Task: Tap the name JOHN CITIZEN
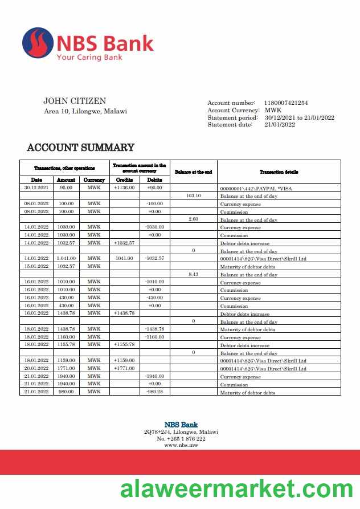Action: coord(75,101)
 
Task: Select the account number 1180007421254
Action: coord(285,103)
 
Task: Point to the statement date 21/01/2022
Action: coord(279,125)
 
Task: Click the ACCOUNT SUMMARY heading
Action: coord(80,148)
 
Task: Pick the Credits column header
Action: coord(124,180)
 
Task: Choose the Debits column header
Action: coord(154,180)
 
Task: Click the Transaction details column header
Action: coord(279,172)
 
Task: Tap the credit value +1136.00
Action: coord(124,188)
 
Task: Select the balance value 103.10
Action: coord(194,196)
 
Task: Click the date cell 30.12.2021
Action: coord(36,188)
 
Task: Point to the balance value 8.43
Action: coord(194,274)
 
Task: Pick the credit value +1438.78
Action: coord(124,313)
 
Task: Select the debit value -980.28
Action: coord(154,392)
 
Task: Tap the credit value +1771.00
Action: coord(124,369)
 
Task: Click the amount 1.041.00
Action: coord(66,259)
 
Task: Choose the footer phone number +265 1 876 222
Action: coord(181,438)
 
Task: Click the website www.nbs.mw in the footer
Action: coord(181,445)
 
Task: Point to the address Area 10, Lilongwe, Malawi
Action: coord(85,111)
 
